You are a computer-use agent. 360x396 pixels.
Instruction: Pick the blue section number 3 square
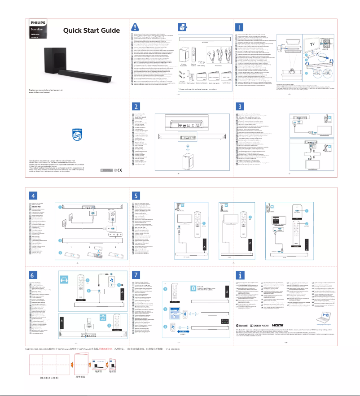[240, 106]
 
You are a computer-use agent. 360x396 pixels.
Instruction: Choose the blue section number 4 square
[32, 196]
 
